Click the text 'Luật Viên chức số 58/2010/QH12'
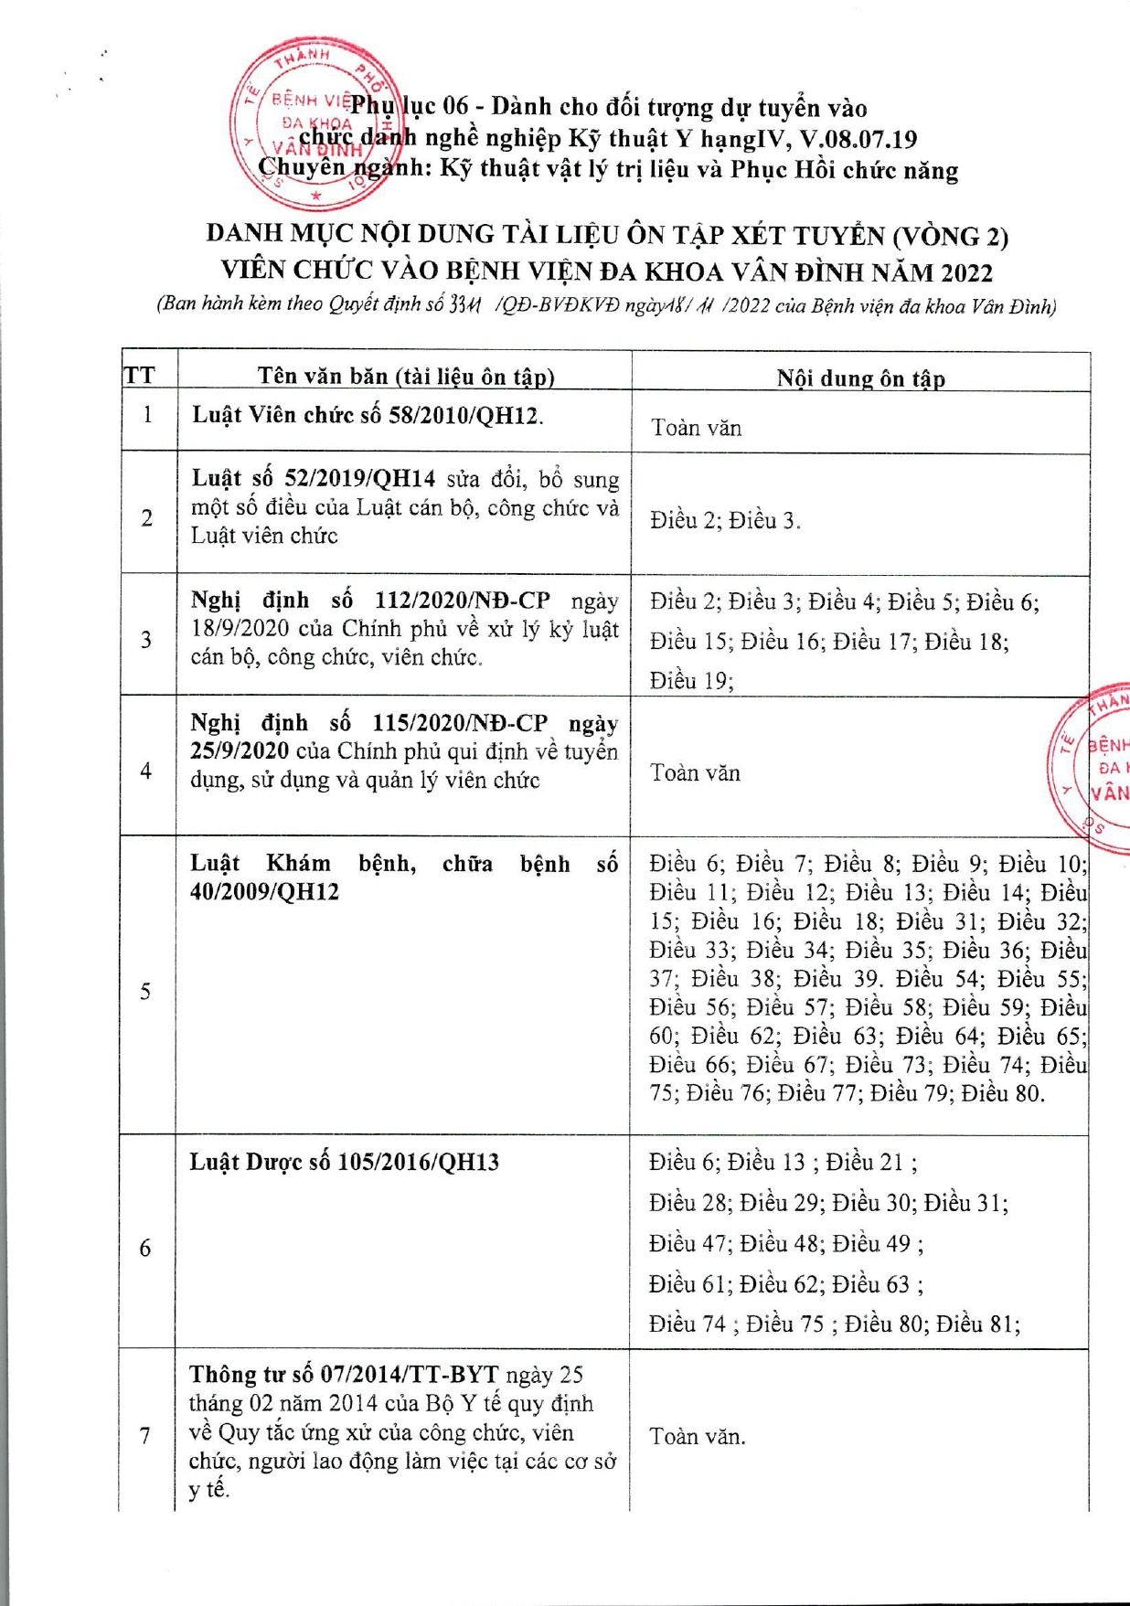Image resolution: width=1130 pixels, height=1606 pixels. (367, 416)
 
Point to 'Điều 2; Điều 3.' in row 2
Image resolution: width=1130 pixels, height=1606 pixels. (725, 521)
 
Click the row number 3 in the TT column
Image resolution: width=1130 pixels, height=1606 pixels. (146, 640)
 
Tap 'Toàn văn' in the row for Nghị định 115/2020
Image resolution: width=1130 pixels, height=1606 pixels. (695, 773)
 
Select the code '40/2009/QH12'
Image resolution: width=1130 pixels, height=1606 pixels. (264, 892)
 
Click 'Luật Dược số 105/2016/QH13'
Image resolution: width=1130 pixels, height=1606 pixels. (345, 1162)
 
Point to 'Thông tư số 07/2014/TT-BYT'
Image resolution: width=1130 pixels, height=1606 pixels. (344, 1375)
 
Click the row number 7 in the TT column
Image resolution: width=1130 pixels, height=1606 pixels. (145, 1436)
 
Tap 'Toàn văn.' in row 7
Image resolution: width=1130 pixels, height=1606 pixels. (698, 1437)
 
